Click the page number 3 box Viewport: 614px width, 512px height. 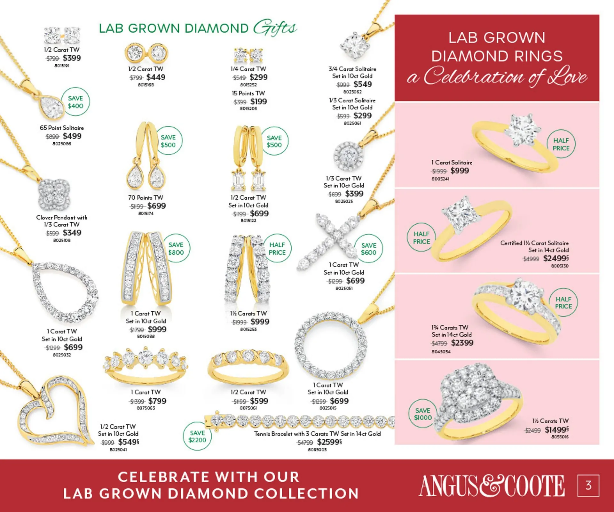[588, 485]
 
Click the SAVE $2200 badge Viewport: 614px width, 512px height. [197, 436]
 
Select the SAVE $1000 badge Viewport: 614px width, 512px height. [423, 414]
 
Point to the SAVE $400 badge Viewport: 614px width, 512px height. [75, 102]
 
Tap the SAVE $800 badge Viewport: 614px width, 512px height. [176, 249]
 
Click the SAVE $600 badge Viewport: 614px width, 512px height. [368, 249]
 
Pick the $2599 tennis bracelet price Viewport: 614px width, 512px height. [329, 442]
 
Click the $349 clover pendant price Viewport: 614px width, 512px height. [72, 233]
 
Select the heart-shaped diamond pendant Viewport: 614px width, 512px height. [54, 413]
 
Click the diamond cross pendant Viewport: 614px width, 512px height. [329, 240]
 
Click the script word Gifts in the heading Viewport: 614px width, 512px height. [275, 28]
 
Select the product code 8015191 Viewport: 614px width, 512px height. [62, 66]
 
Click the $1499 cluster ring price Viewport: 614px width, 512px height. [556, 429]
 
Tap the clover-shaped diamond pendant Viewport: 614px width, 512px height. [53, 194]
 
